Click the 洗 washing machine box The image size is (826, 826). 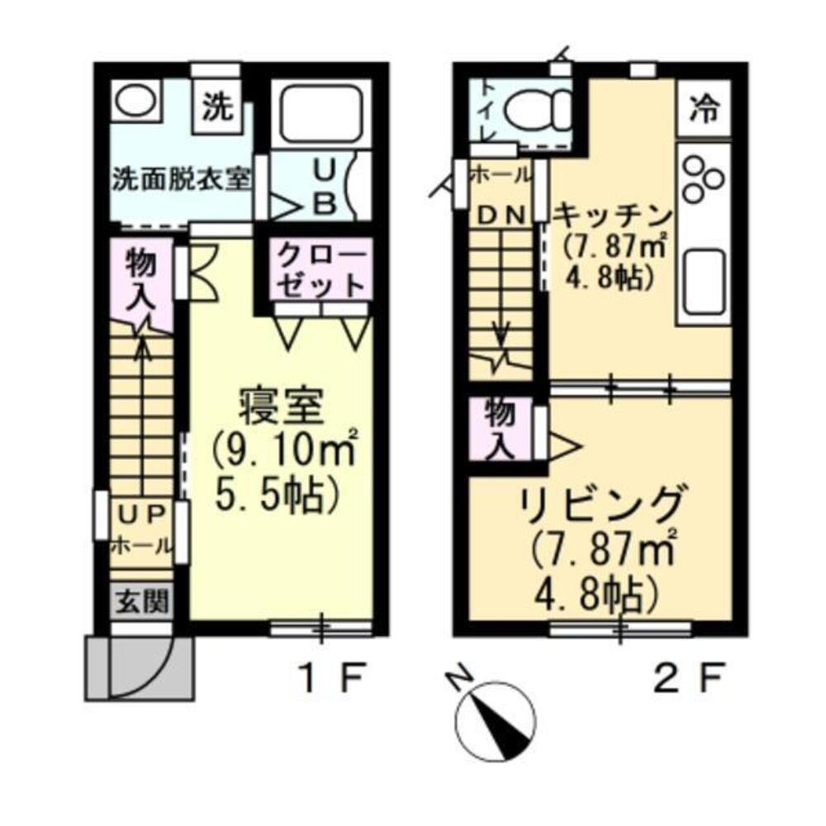tap(216, 107)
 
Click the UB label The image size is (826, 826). tap(323, 188)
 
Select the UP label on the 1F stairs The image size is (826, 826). tap(141, 515)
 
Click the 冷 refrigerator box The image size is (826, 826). tap(704, 107)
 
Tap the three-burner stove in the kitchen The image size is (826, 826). tap(702, 176)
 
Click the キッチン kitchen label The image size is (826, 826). tap(610, 216)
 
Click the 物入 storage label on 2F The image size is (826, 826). tap(497, 428)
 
